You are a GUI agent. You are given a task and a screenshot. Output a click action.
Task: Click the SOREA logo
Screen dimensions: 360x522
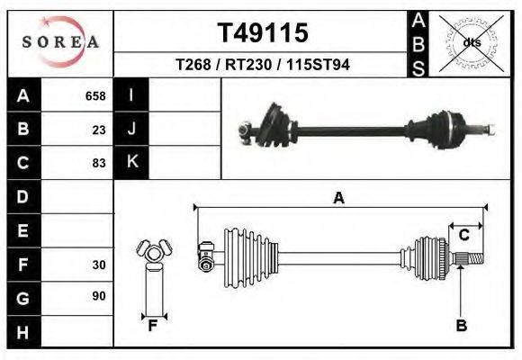[60, 42]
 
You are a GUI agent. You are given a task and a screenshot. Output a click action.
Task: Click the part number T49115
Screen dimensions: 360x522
[263, 33]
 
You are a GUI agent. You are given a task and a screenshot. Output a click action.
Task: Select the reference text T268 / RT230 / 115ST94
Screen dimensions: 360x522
[263, 66]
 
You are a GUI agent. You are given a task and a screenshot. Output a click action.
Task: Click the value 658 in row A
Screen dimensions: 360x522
[95, 95]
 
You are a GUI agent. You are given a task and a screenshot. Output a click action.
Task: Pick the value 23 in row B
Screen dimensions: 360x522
[99, 130]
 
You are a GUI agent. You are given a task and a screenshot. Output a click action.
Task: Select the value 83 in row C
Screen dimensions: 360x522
[99, 163]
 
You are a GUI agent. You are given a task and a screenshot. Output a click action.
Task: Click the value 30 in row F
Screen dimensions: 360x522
[99, 265]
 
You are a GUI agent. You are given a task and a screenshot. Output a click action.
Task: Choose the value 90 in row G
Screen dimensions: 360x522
[99, 295]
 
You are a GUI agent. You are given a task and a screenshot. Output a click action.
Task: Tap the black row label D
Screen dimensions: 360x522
[22, 197]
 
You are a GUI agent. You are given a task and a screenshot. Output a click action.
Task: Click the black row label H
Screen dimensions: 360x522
[22, 333]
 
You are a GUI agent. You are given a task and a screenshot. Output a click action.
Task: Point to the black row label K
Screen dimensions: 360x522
[131, 163]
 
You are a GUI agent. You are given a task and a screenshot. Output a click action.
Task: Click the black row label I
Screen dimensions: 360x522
[131, 95]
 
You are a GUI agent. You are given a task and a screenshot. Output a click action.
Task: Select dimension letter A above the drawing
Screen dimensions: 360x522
[339, 199]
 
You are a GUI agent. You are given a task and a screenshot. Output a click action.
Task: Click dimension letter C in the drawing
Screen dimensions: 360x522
[464, 235]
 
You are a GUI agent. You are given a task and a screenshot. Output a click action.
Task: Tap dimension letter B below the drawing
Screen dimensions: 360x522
[461, 326]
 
